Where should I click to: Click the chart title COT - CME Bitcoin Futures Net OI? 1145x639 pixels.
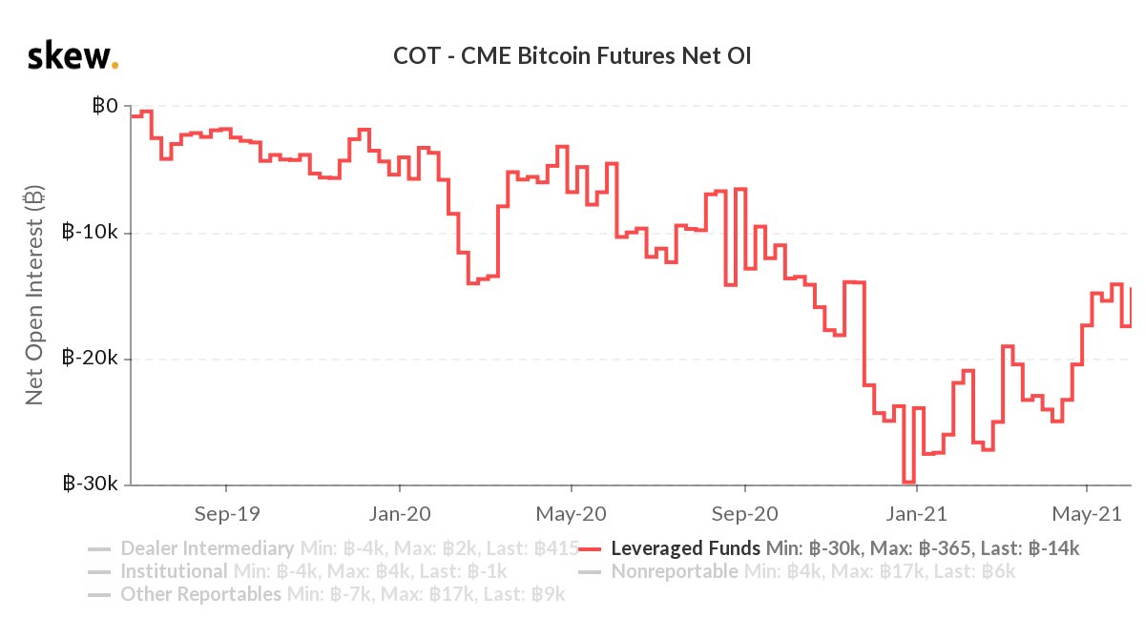[x=572, y=56]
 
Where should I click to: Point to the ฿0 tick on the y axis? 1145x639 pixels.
[x=105, y=106]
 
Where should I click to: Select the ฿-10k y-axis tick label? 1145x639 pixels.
[x=92, y=232]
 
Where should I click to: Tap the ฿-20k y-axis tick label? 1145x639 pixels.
[x=92, y=359]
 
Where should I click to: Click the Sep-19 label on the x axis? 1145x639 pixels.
[x=225, y=513]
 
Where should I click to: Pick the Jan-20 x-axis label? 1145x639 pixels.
[x=399, y=513]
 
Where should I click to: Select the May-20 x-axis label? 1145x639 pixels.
[x=571, y=513]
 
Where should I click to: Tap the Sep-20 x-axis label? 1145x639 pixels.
[x=744, y=513]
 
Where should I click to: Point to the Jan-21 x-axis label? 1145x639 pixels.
[x=916, y=513]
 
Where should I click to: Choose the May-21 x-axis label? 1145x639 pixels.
[x=1087, y=513]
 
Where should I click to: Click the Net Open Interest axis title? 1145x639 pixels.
[x=34, y=295]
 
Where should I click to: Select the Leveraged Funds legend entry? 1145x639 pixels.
[x=685, y=548]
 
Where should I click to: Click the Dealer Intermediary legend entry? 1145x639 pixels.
[x=206, y=548]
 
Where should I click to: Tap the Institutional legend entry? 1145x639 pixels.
[x=174, y=572]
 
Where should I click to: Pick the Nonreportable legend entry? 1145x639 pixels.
[x=674, y=572]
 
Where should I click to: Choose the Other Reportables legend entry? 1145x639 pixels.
[x=200, y=595]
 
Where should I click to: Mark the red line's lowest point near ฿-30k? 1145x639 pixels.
[x=908, y=483]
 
